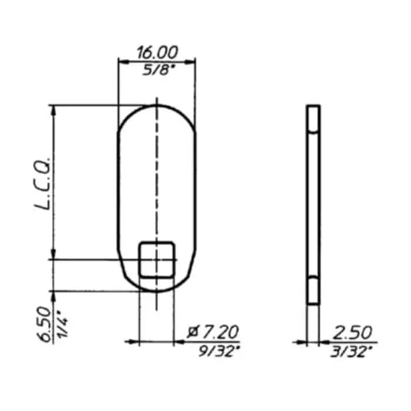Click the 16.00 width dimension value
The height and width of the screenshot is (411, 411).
(157, 52)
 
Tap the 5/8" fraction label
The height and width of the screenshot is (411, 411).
(159, 70)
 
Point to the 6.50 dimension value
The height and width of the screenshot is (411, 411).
(45, 324)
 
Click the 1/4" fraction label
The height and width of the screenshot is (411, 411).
(62, 325)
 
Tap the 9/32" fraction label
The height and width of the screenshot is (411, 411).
(219, 351)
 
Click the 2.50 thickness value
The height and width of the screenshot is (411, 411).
(352, 332)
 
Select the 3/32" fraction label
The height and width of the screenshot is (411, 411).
(351, 352)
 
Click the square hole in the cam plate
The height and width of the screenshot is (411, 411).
(157, 260)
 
